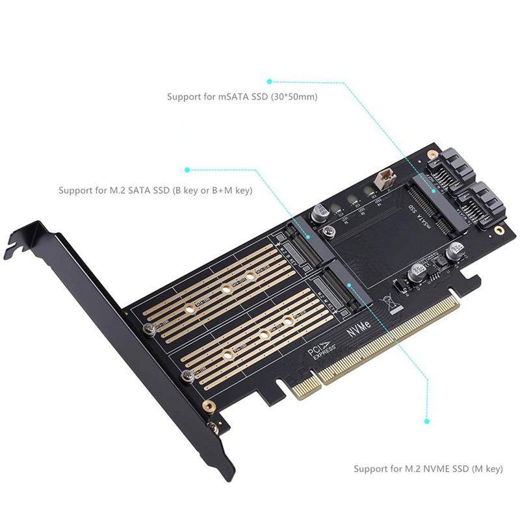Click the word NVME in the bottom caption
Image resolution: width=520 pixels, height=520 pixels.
coord(441,469)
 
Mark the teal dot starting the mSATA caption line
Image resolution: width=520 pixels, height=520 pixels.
coord(269,81)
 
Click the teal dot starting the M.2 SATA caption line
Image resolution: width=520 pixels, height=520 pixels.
coord(187,170)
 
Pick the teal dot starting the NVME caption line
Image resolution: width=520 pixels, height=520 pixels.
coord(427,421)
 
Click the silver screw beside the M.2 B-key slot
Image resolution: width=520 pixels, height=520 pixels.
coord(151,330)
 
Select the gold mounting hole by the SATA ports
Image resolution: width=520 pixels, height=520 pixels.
coord(499,231)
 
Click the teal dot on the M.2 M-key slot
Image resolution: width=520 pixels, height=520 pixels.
coord(349,284)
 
